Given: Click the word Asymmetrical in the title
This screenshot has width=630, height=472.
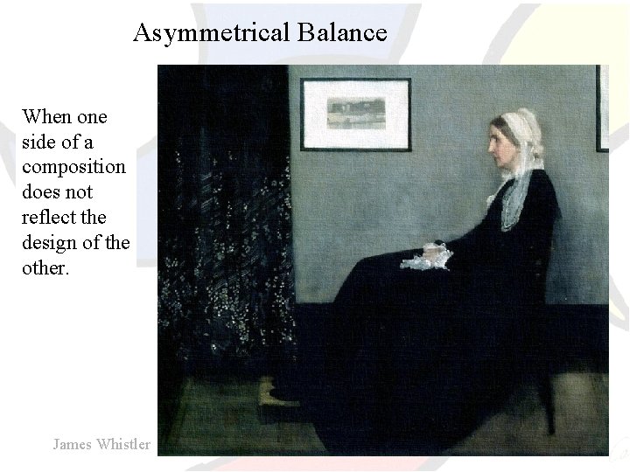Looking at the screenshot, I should pyautogui.click(x=211, y=33).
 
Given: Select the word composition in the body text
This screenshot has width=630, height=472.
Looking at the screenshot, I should pyautogui.click(x=74, y=167).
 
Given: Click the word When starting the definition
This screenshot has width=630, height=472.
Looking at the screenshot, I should pyautogui.click(x=49, y=117).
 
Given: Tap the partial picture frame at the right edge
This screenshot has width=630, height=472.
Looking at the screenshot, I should pyautogui.click(x=602, y=109).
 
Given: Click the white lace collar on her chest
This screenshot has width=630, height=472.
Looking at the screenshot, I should pyautogui.click(x=515, y=205).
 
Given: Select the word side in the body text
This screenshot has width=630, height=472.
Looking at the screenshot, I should pyautogui.click(x=40, y=142).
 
